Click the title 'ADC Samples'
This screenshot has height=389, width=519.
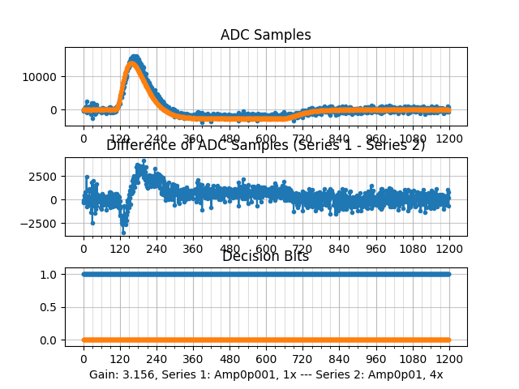point(265,35)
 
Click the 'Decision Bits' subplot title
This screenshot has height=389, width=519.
point(265,257)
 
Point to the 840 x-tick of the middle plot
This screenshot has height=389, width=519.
point(340,250)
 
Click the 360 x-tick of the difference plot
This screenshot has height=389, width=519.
point(193,250)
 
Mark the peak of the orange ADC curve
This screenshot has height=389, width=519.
point(133,63)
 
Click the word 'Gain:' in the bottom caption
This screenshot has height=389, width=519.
point(104,375)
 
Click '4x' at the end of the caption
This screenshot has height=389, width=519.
point(435,375)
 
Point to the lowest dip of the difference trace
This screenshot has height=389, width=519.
point(123,233)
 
